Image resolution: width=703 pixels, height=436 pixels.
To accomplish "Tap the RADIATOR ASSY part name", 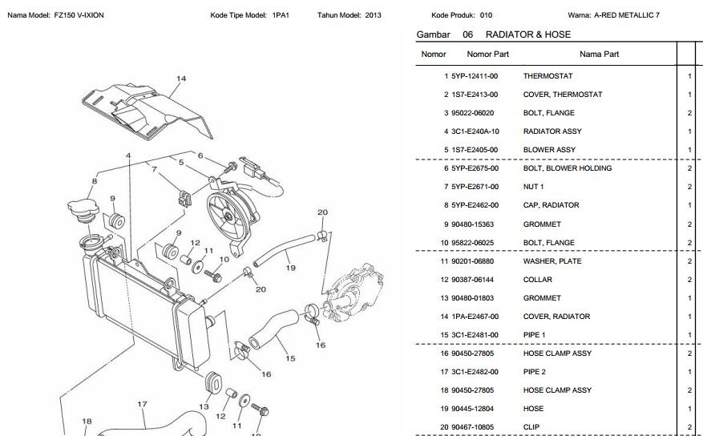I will click(552, 131).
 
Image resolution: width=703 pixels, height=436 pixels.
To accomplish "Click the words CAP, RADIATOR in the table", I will click(551, 205).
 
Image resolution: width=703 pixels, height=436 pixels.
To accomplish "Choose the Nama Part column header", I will click(599, 54).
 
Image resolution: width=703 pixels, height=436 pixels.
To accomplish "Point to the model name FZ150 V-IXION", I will click(79, 15).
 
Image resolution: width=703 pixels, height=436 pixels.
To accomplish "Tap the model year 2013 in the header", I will click(373, 15).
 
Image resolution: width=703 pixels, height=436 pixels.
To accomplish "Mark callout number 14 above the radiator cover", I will click(181, 79).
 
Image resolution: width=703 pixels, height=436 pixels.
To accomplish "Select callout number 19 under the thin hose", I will click(291, 268).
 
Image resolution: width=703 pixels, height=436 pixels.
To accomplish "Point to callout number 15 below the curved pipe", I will click(289, 358).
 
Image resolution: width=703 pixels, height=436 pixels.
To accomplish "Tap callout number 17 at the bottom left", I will click(142, 404).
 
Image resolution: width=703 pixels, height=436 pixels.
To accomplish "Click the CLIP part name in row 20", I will click(531, 427).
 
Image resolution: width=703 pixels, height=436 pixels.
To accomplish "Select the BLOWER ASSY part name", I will click(549, 150).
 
